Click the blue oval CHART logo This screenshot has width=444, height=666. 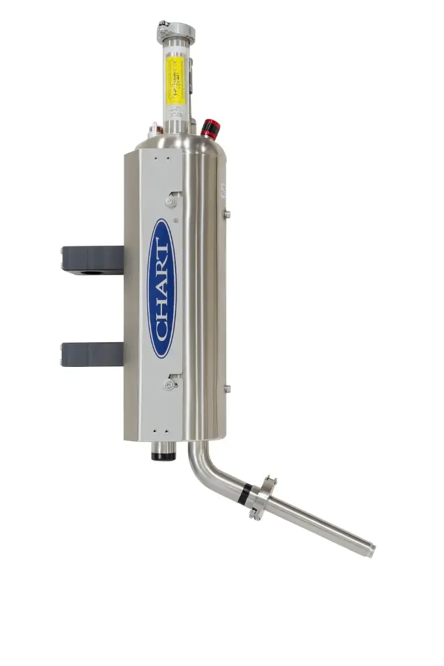(161, 288)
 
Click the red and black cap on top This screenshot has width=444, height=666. (210, 128)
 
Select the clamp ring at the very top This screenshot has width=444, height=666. (175, 31)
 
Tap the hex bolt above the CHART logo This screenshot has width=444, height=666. (171, 202)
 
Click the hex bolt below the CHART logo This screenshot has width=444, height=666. (170, 385)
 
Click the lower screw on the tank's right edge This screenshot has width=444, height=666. (227, 389)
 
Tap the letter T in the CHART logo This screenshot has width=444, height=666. (161, 245)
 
